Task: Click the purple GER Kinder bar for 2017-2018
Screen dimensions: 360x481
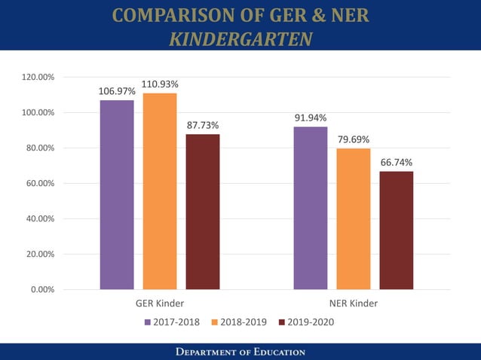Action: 117,194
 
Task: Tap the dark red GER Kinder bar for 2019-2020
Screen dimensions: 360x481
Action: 203,212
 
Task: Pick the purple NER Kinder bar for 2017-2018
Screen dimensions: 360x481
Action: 311,208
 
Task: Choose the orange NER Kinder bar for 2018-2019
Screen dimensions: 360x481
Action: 354,218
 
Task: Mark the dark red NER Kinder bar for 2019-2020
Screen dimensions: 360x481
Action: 397,230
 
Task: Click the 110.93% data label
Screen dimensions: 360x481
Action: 160,84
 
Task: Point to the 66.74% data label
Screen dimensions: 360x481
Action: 397,162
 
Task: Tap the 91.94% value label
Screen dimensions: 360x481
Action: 311,117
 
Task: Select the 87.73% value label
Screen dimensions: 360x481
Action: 203,125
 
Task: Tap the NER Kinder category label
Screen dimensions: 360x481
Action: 354,304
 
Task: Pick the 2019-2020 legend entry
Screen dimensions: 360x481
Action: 306,322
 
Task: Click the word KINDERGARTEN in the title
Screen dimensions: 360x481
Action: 240,39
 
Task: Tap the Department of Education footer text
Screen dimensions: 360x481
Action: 240,352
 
